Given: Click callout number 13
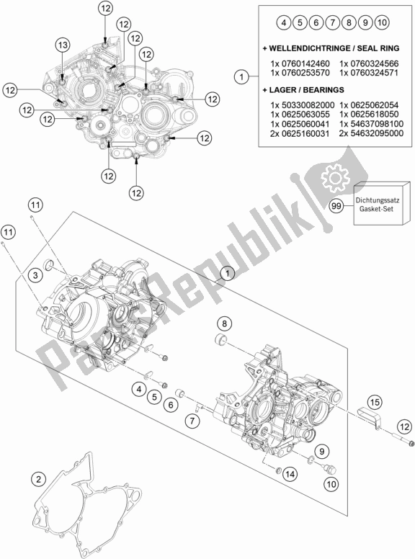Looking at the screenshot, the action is (63, 45).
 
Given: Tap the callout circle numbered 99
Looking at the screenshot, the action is (336, 206).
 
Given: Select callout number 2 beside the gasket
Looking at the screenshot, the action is (38, 480).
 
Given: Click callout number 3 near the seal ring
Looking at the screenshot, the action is (35, 275).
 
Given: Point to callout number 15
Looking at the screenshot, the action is (375, 403).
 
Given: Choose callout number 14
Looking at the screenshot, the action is (290, 474).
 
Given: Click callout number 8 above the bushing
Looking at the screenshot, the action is (224, 323).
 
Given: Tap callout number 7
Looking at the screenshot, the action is (192, 421).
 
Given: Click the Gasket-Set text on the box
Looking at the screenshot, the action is (376, 209).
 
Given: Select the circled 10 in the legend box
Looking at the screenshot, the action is (381, 22).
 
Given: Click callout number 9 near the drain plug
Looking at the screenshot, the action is (322, 452).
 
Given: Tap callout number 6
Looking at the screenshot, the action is (171, 405).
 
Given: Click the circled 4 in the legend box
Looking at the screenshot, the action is (284, 22).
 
